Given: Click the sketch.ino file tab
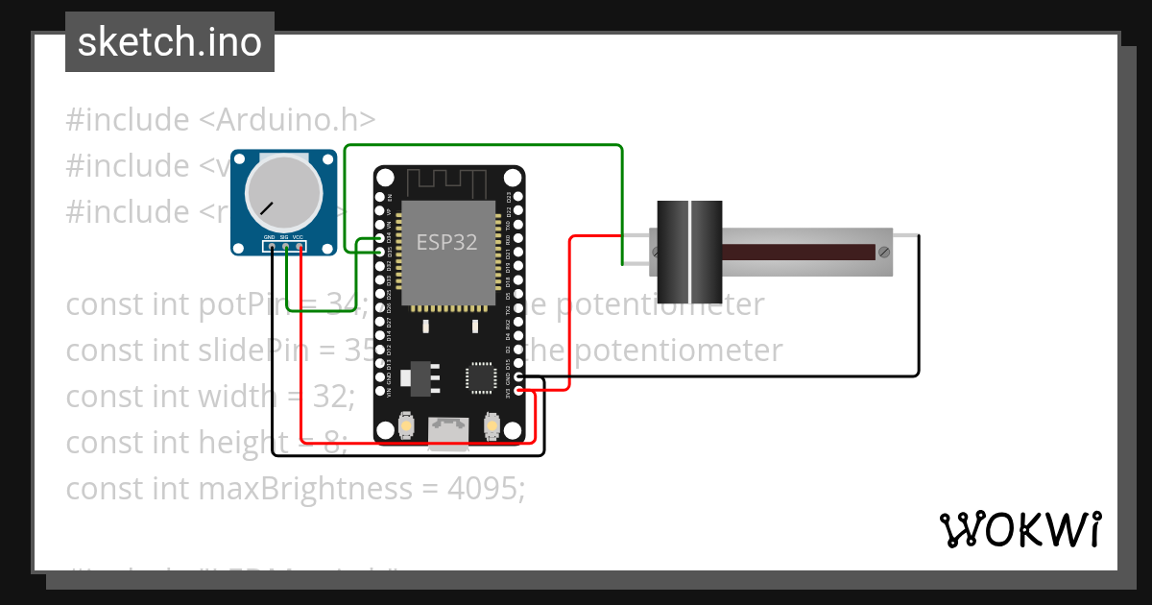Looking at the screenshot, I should [169, 42].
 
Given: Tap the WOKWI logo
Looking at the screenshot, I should [1020, 529].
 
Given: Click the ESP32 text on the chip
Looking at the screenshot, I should [446, 242].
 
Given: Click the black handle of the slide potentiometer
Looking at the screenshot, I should [689, 252].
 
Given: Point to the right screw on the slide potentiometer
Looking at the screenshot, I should [883, 252].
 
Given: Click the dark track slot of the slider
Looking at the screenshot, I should [797, 252].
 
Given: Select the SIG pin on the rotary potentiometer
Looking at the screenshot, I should [286, 248].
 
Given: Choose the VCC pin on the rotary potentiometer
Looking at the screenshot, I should [300, 248].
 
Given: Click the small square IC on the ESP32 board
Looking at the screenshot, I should [479, 377].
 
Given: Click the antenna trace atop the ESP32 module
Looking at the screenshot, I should [448, 181].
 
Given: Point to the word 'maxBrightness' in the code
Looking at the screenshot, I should [303, 489].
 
